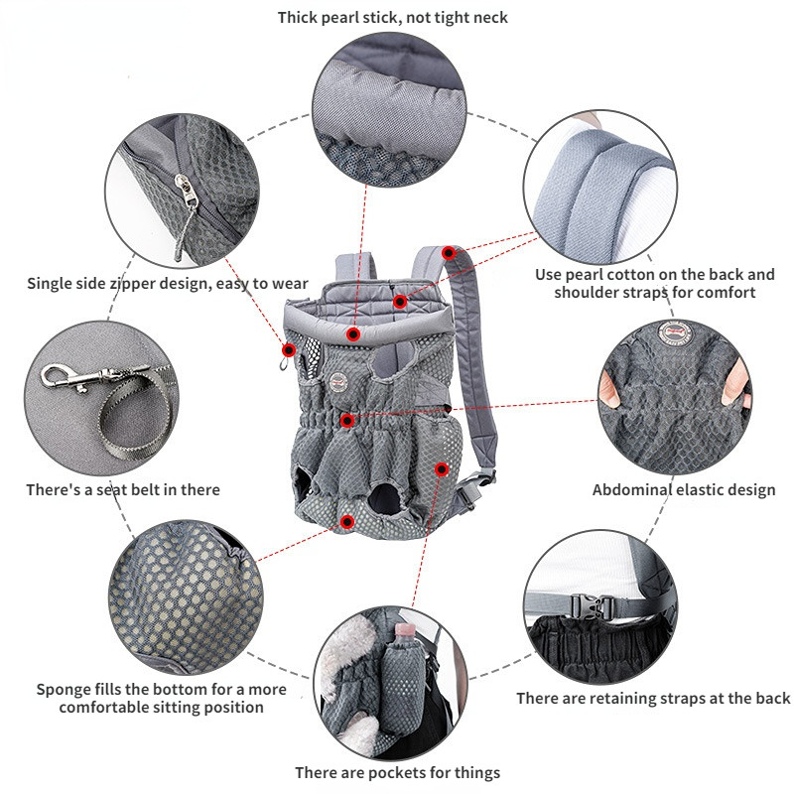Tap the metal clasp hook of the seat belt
(x=59, y=376)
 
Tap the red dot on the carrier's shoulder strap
(x=449, y=254)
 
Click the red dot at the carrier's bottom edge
(x=347, y=521)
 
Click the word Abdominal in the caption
(x=632, y=489)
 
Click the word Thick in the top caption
(x=300, y=17)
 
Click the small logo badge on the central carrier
(x=338, y=378)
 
